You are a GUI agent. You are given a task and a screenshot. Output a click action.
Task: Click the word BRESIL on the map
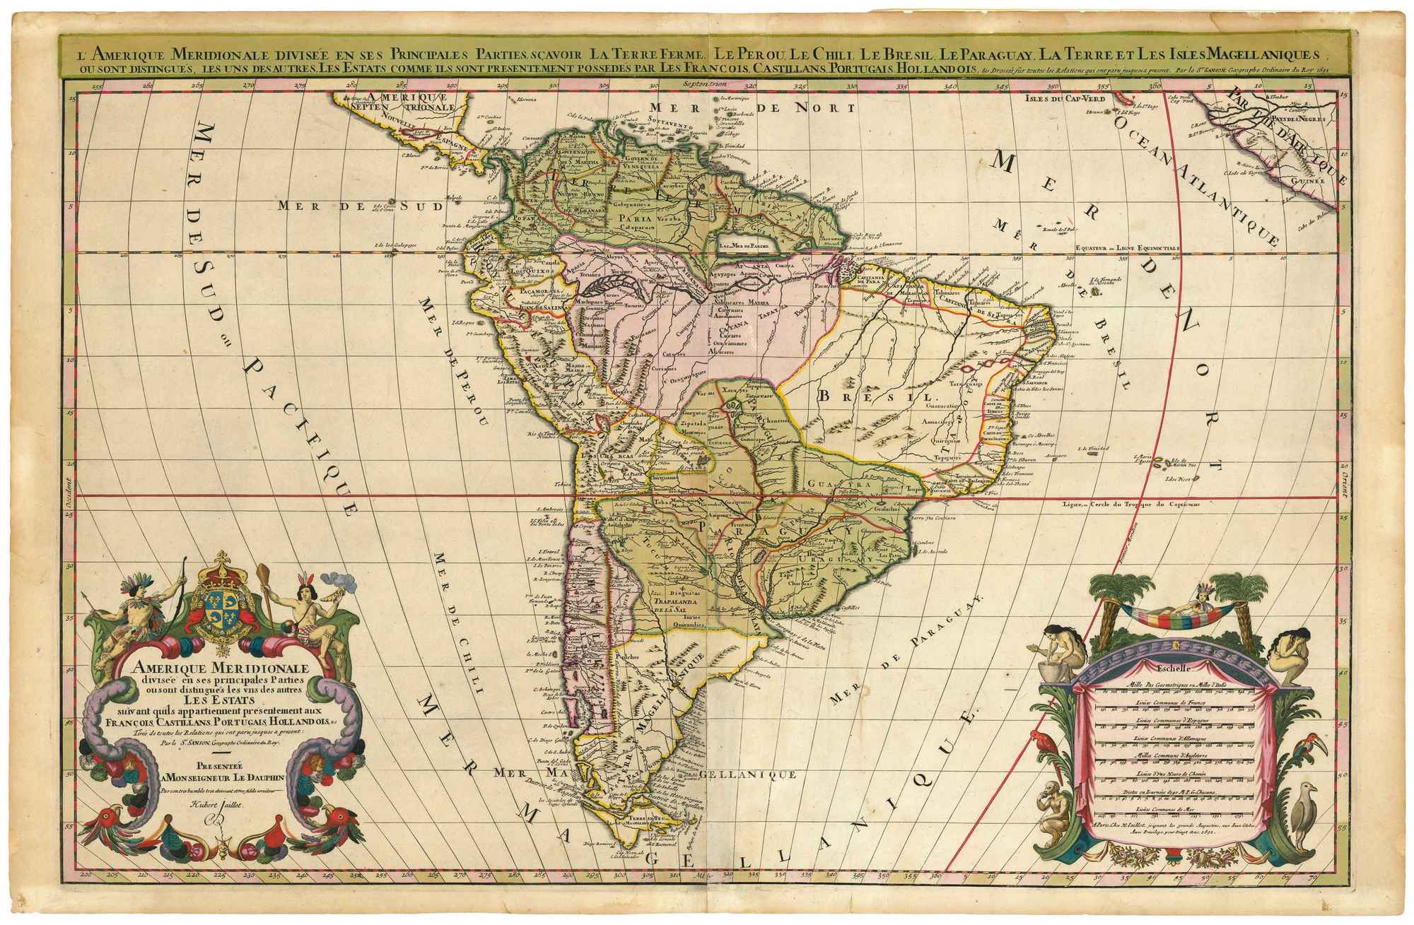tap(872, 396)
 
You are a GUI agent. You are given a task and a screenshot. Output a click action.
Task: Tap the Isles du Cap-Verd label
tap(1065, 98)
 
